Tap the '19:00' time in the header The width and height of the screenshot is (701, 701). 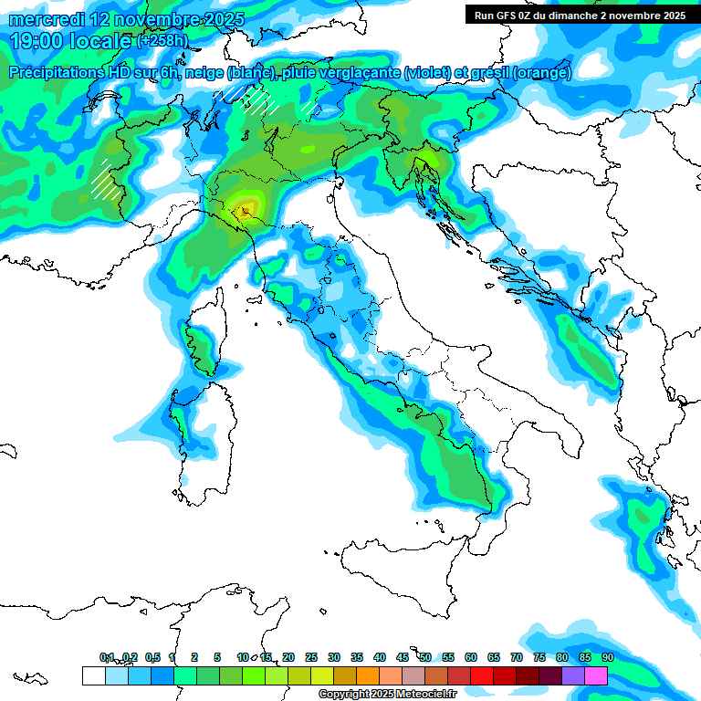pyautogui.click(x=36, y=41)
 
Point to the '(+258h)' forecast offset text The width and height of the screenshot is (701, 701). pyautogui.click(x=162, y=41)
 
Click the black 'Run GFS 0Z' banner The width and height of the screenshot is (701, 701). pyautogui.click(x=581, y=16)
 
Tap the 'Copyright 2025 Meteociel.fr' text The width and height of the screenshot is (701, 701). pyautogui.click(x=387, y=695)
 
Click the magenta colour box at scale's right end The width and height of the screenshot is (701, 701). pyautogui.click(x=596, y=675)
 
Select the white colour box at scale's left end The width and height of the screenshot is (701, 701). pyautogui.click(x=93, y=675)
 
